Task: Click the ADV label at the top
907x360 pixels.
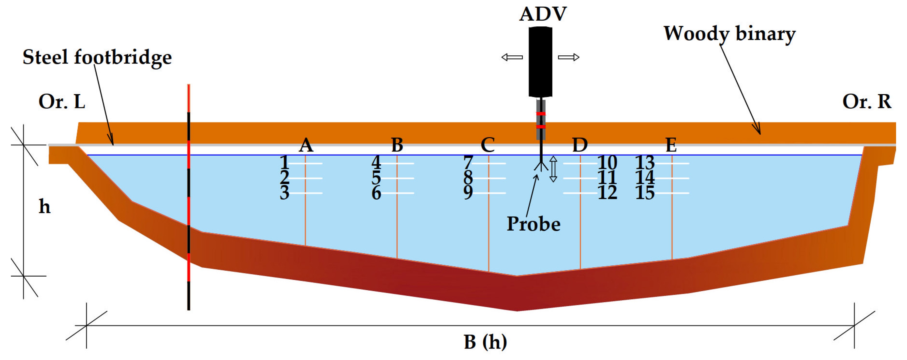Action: pyautogui.click(x=543, y=14)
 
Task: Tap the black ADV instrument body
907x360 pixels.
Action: pyautogui.click(x=540, y=62)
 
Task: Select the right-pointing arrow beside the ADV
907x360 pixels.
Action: pyautogui.click(x=568, y=57)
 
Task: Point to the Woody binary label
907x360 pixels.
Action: pyautogui.click(x=729, y=34)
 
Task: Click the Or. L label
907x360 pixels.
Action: pyautogui.click(x=62, y=102)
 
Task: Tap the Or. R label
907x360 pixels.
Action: pyautogui.click(x=867, y=102)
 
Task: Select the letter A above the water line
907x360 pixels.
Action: pyautogui.click(x=306, y=145)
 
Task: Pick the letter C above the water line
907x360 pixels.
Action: pyautogui.click(x=488, y=145)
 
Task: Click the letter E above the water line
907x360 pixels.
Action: pyautogui.click(x=671, y=145)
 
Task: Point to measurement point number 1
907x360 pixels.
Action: pyautogui.click(x=285, y=162)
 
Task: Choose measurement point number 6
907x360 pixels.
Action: pyautogui.click(x=376, y=193)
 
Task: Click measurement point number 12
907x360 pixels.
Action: pyautogui.click(x=607, y=193)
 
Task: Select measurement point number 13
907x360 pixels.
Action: pyautogui.click(x=645, y=162)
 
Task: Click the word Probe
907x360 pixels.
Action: pyautogui.click(x=533, y=224)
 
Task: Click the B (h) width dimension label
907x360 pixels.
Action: pyautogui.click(x=485, y=342)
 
